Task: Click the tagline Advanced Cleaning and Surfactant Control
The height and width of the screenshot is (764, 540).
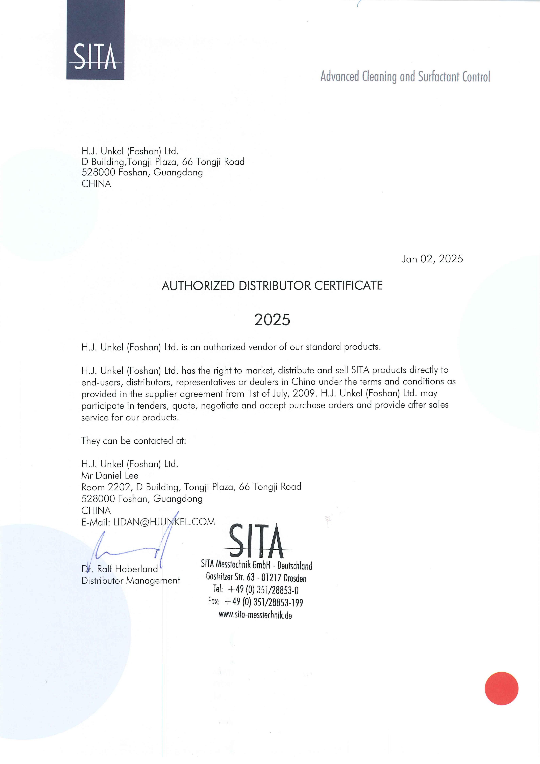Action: [x=405, y=77]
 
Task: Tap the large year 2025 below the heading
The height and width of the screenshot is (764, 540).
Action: [x=272, y=320]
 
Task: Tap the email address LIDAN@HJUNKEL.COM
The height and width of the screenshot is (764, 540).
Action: [x=164, y=522]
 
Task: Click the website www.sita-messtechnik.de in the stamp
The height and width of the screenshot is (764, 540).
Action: [x=255, y=615]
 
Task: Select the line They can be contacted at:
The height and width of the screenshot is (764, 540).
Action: [x=134, y=441]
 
